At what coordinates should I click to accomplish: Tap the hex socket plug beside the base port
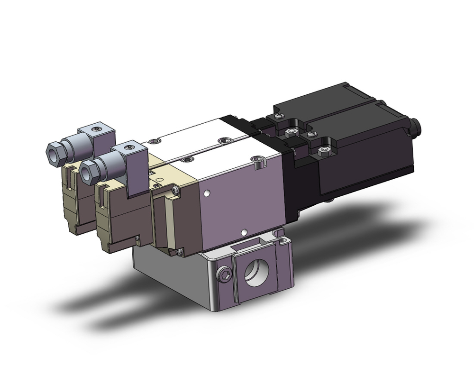[225, 274]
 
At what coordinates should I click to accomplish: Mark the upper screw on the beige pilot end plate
[177, 190]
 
